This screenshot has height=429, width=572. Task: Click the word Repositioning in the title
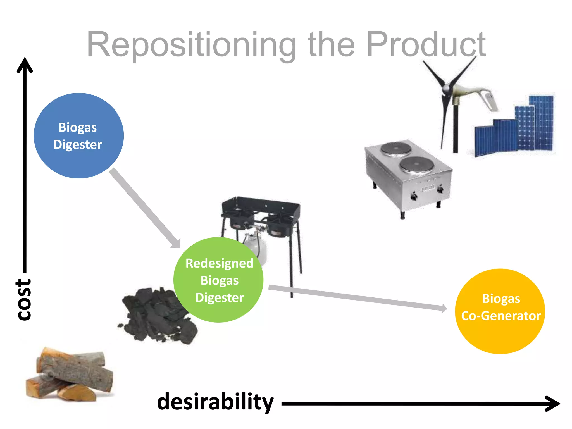[191, 45]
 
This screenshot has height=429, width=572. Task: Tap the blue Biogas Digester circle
[78, 136]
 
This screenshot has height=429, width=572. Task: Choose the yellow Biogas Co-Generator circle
[500, 311]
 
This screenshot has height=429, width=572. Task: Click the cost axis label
[24, 299]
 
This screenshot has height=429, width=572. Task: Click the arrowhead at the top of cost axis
[25, 64]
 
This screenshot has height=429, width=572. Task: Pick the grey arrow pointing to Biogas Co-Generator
[357, 298]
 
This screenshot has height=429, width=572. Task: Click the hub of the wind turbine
[446, 89]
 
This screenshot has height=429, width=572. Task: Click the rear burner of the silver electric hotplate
[396, 148]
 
